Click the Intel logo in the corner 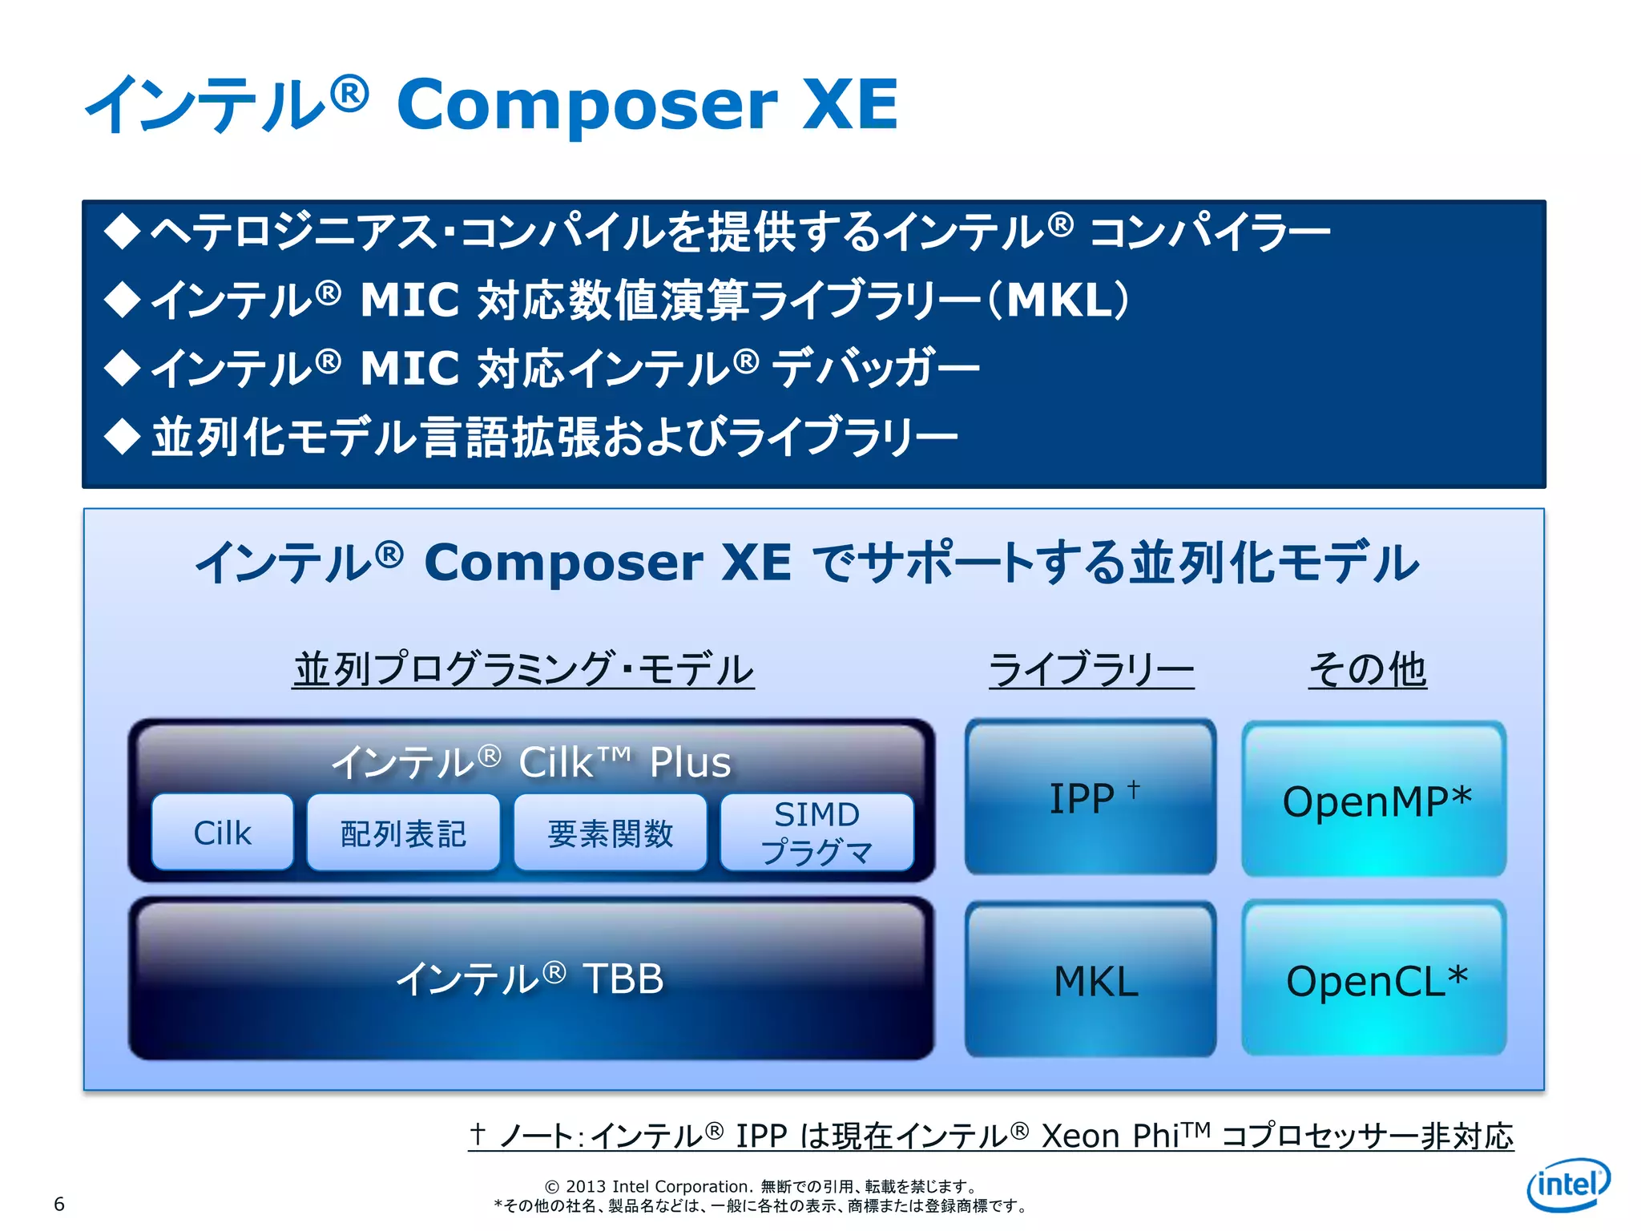pos(1568,1184)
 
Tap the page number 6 pos(58,1203)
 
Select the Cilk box pos(222,833)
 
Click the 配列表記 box pos(403,833)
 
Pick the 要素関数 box pos(610,833)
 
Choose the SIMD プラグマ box pos(816,833)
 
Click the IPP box pos(1091,798)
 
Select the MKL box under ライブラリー pos(1091,980)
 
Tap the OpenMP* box pos(1374,800)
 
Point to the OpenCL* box pos(1374,980)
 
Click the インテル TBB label pos(530,979)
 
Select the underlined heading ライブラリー pos(1091,669)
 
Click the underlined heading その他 pos(1367,669)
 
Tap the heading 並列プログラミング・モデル pos(523,669)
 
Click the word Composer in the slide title pos(587,104)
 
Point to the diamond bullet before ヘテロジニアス pos(123,232)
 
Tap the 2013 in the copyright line pos(585,1186)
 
